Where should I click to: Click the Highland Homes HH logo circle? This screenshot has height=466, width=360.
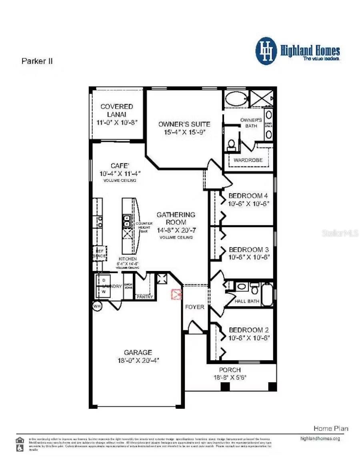[266, 51]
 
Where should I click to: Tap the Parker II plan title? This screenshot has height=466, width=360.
[37, 61]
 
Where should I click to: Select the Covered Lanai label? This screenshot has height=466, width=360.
[116, 110]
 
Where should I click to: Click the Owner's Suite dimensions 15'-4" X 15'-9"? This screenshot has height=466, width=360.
[184, 132]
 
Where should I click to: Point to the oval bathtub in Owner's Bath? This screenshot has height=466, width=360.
[236, 98]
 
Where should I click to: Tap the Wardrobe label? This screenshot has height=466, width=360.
[248, 160]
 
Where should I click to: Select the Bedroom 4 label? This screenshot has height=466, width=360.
[248, 196]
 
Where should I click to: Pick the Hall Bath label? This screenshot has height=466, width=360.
[247, 301]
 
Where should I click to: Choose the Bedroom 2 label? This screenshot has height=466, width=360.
[248, 330]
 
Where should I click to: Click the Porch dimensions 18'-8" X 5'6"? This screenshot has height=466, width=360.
[230, 377]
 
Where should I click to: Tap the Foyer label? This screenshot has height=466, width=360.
[194, 307]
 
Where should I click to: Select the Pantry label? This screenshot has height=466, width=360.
[144, 297]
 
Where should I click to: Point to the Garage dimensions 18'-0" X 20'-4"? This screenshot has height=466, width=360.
[138, 360]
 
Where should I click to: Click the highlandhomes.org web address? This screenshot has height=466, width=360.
[320, 438]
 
